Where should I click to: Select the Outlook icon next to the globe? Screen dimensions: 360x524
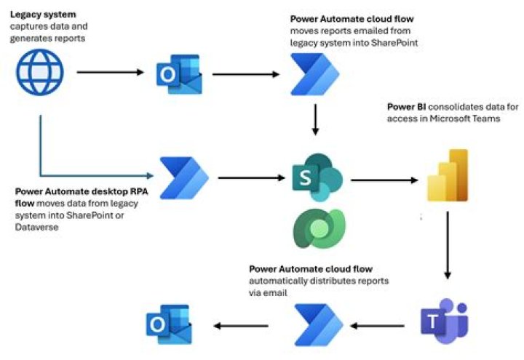(x=178, y=74)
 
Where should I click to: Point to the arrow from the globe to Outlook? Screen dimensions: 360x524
(x=110, y=72)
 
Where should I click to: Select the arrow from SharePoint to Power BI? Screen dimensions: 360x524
(x=384, y=179)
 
